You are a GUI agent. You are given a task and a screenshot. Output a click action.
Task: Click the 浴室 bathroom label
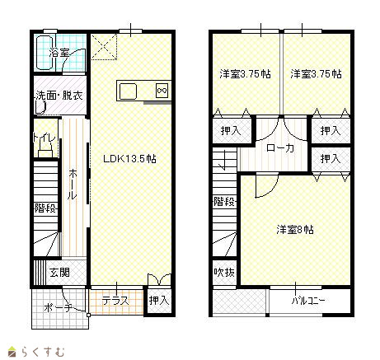click(x=59, y=53)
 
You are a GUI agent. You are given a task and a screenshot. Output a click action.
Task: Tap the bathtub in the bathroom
click(x=45, y=52)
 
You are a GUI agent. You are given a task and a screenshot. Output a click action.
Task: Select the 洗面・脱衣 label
click(x=59, y=96)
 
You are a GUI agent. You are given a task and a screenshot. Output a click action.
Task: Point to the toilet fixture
click(x=45, y=152)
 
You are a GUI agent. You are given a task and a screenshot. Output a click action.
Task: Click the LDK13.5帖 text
click(x=129, y=159)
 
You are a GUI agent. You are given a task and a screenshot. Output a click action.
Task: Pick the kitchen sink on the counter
click(x=128, y=91)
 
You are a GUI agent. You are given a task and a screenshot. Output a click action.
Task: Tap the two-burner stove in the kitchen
click(x=162, y=91)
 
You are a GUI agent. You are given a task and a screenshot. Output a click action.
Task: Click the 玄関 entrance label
click(x=59, y=273)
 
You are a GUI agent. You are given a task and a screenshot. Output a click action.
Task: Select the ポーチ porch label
click(x=58, y=307)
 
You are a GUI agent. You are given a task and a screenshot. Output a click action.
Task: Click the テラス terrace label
click(x=115, y=301)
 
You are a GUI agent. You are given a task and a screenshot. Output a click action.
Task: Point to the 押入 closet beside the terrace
click(x=159, y=300)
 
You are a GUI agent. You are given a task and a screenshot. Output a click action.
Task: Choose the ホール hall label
click(x=73, y=184)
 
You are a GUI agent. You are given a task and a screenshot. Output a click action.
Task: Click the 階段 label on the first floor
click(x=45, y=208)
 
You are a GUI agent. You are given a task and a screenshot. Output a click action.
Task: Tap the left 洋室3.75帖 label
click(x=245, y=74)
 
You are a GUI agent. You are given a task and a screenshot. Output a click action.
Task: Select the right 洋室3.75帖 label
click(x=317, y=74)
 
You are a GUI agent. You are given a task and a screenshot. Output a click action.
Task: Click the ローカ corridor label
click(x=280, y=148)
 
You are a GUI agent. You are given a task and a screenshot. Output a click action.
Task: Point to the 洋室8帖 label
click(x=295, y=229)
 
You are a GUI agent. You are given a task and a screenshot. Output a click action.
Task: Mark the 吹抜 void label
click(x=224, y=273)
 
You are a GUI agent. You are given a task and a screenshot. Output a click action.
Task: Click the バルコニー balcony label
click(x=308, y=301)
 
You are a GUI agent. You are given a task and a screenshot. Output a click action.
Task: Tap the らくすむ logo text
click(x=43, y=352)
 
